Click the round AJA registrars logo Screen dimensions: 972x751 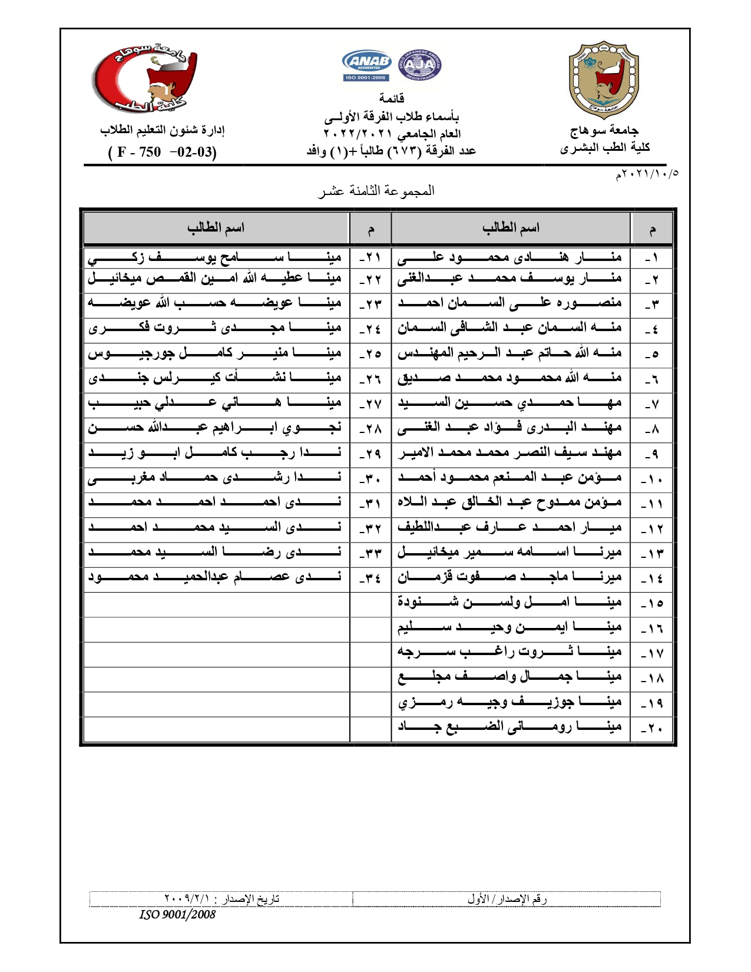point(420,65)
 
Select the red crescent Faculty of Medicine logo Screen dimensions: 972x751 point(144,80)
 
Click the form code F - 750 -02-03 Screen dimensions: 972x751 point(163,152)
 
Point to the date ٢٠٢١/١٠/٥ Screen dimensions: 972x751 point(647,174)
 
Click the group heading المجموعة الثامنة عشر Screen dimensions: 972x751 point(376,191)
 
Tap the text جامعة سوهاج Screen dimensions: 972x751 point(604,130)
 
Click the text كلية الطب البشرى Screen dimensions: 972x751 point(605,147)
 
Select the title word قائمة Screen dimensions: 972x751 point(391,98)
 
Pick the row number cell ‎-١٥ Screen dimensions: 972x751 point(652,603)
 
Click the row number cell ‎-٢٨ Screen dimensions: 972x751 point(370,428)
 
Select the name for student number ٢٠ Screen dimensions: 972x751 point(510,727)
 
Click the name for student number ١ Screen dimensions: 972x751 point(510,257)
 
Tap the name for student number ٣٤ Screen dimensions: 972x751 point(215,577)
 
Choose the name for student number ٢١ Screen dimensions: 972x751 point(215,257)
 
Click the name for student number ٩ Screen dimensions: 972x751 point(510,453)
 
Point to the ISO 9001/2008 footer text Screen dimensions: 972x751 point(177,914)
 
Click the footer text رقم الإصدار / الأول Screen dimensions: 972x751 point(507,899)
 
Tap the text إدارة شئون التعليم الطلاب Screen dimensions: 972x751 point(163,130)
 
